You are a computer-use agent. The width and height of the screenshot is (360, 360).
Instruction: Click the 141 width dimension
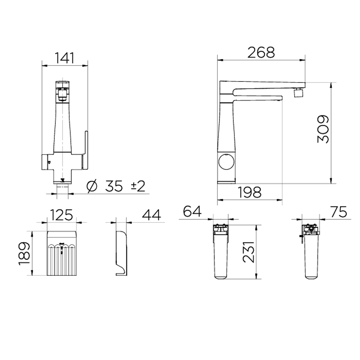65,58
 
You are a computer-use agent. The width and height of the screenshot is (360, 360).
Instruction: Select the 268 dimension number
261,52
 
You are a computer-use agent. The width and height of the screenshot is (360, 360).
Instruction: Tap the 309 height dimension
323,129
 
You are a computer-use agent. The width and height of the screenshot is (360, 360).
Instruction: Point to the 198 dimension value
249,192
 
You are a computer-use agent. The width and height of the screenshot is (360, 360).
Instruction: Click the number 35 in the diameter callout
114,186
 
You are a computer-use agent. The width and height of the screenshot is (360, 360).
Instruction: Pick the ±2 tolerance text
138,186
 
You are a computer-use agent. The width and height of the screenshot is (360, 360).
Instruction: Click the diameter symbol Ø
92,186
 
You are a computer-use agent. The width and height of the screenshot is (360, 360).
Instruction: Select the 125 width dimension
61,215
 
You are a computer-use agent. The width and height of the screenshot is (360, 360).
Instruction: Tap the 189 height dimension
24,253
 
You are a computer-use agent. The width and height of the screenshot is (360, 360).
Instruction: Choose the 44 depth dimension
152,215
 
